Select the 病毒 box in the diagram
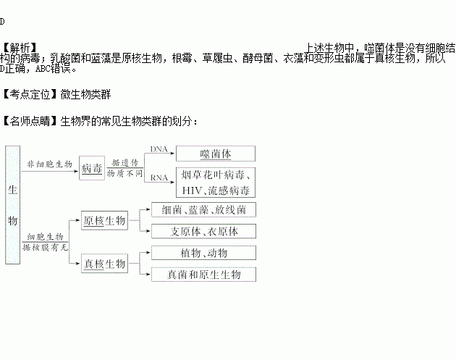tap(92, 168)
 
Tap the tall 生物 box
tap(12, 205)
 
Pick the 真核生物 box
tap(105, 263)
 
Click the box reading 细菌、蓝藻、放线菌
tap(204, 210)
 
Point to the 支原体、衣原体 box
tap(204, 232)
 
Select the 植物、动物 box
tap(204, 254)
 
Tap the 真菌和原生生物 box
tap(204, 275)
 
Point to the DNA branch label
tap(159, 148)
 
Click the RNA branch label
tap(159, 176)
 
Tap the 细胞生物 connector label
tap(46, 237)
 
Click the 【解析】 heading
tap(17, 46)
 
